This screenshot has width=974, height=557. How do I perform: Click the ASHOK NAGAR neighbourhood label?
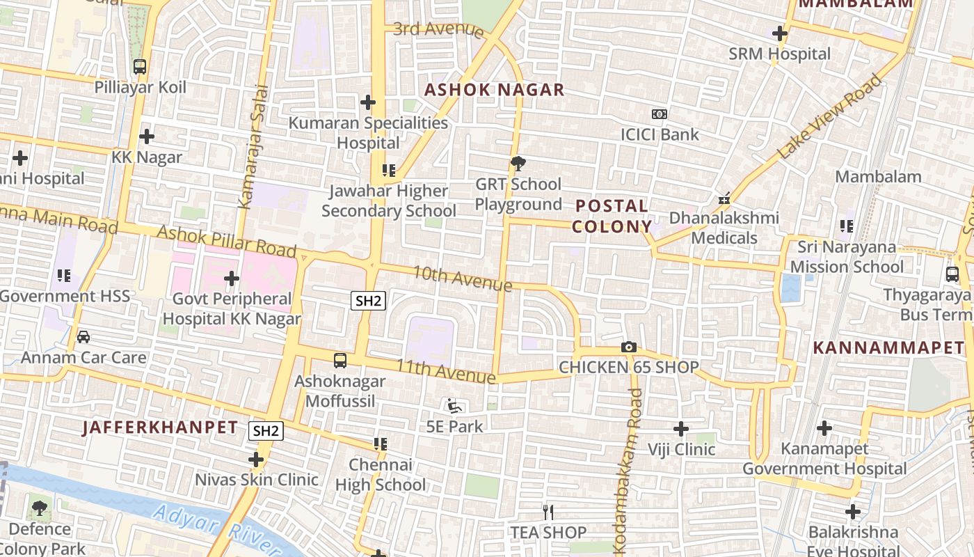(x=494, y=90)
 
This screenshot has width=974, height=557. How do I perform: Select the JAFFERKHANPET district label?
(x=160, y=427)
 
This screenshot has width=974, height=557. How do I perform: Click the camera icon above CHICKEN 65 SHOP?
(x=629, y=347)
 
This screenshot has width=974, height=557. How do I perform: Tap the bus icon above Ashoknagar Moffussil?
(x=340, y=361)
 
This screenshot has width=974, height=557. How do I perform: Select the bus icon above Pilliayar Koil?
(x=140, y=67)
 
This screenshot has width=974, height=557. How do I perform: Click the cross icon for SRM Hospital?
(x=780, y=33)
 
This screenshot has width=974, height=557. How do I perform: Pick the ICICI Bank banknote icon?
(x=659, y=113)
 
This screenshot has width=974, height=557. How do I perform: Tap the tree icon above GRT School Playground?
(x=518, y=164)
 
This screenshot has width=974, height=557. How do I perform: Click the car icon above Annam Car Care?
(x=83, y=337)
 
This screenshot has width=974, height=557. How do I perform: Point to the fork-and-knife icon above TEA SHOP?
(x=548, y=512)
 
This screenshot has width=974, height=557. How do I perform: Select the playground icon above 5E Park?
(x=454, y=405)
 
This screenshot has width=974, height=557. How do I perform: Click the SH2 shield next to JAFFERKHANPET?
(x=266, y=431)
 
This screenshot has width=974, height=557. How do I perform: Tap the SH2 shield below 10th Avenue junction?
(x=368, y=301)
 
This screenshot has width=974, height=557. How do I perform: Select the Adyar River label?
(x=207, y=531)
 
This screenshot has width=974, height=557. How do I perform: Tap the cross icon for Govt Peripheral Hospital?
(x=232, y=279)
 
